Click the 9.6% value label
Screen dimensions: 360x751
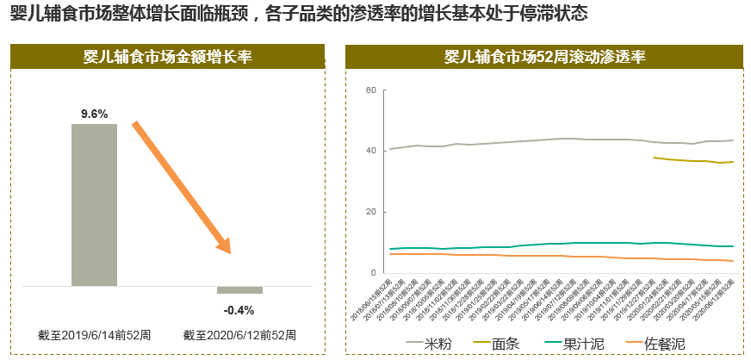(94, 114)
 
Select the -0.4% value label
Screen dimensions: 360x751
(239, 310)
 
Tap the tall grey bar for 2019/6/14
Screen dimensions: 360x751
(94, 204)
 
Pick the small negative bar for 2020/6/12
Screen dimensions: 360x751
(239, 290)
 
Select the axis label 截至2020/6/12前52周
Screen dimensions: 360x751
(239, 334)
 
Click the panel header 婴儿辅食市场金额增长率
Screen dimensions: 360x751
(168, 58)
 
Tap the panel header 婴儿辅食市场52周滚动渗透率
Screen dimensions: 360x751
(544, 58)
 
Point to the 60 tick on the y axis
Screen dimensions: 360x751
(371, 90)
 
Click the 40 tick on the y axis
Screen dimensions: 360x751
(371, 151)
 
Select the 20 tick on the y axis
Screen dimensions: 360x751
(371, 212)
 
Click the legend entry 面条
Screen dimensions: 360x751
(506, 344)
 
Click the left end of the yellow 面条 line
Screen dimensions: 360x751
(655, 158)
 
